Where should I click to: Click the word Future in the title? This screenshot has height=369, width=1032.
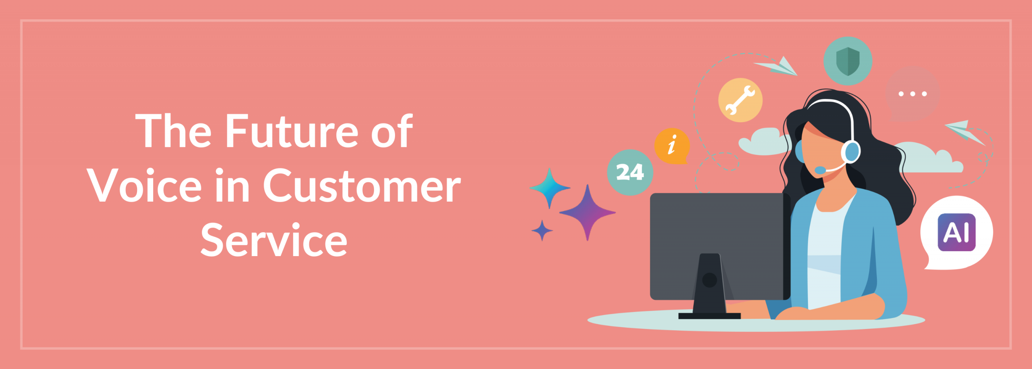(x=291, y=131)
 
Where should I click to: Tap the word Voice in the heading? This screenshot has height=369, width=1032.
(x=144, y=186)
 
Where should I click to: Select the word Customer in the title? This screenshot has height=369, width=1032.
(x=362, y=186)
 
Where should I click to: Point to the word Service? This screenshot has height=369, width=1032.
(x=274, y=240)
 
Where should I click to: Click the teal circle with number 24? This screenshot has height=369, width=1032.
(x=630, y=172)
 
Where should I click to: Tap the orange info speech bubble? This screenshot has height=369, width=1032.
(x=672, y=146)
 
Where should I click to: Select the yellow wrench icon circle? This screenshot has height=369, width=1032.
(x=740, y=100)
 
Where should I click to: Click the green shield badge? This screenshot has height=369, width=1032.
(x=848, y=61)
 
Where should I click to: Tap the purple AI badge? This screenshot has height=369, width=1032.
(x=957, y=232)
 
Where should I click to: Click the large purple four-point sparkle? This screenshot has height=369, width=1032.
(x=587, y=213)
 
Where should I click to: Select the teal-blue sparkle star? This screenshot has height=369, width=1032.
(x=549, y=188)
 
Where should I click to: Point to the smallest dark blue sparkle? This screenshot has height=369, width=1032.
(x=542, y=230)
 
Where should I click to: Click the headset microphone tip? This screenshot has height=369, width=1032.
(x=820, y=170)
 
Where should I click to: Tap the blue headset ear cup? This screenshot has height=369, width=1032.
(x=851, y=152)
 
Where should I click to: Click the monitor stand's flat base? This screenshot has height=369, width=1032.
(x=709, y=316)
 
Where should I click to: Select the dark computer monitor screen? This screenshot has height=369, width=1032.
(x=720, y=246)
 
